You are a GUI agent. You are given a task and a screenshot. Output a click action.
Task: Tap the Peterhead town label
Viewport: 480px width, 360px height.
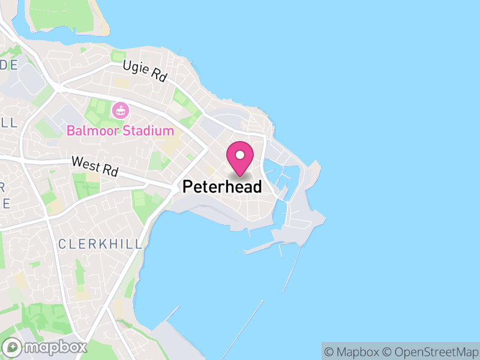[x=222, y=187]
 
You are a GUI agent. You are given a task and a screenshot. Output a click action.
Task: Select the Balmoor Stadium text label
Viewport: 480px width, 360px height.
[x=120, y=130]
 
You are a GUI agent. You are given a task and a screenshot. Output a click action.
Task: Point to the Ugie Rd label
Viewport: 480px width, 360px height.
[x=145, y=71]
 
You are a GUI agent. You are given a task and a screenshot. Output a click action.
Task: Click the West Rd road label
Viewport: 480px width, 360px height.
[x=94, y=166]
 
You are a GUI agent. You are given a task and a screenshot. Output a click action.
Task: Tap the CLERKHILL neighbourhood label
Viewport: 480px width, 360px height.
[x=101, y=244]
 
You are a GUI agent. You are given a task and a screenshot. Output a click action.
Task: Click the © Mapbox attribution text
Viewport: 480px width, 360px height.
[x=352, y=352]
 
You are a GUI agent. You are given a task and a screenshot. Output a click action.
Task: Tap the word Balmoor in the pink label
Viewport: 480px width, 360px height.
[x=91, y=130]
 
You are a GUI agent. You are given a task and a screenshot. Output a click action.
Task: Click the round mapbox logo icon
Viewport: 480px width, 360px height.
[x=13, y=347]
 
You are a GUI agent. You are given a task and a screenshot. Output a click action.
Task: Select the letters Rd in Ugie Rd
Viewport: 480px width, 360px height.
[x=158, y=76]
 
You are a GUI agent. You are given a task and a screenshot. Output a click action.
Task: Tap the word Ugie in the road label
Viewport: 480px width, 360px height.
[x=136, y=68]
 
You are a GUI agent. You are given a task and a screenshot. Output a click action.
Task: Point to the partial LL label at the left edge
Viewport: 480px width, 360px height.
[x=7, y=122]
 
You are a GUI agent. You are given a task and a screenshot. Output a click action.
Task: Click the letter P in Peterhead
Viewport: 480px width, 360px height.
[x=187, y=187]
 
